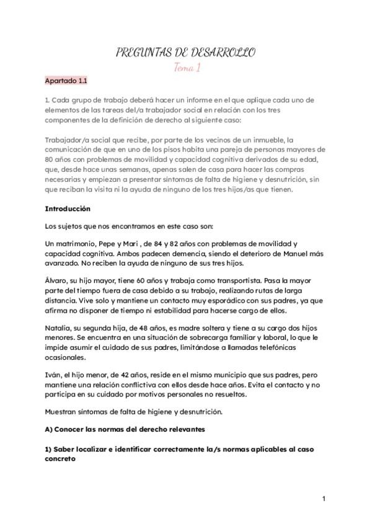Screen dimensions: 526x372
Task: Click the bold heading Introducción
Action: pos(68,209)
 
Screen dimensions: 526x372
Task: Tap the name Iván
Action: pos(53,375)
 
